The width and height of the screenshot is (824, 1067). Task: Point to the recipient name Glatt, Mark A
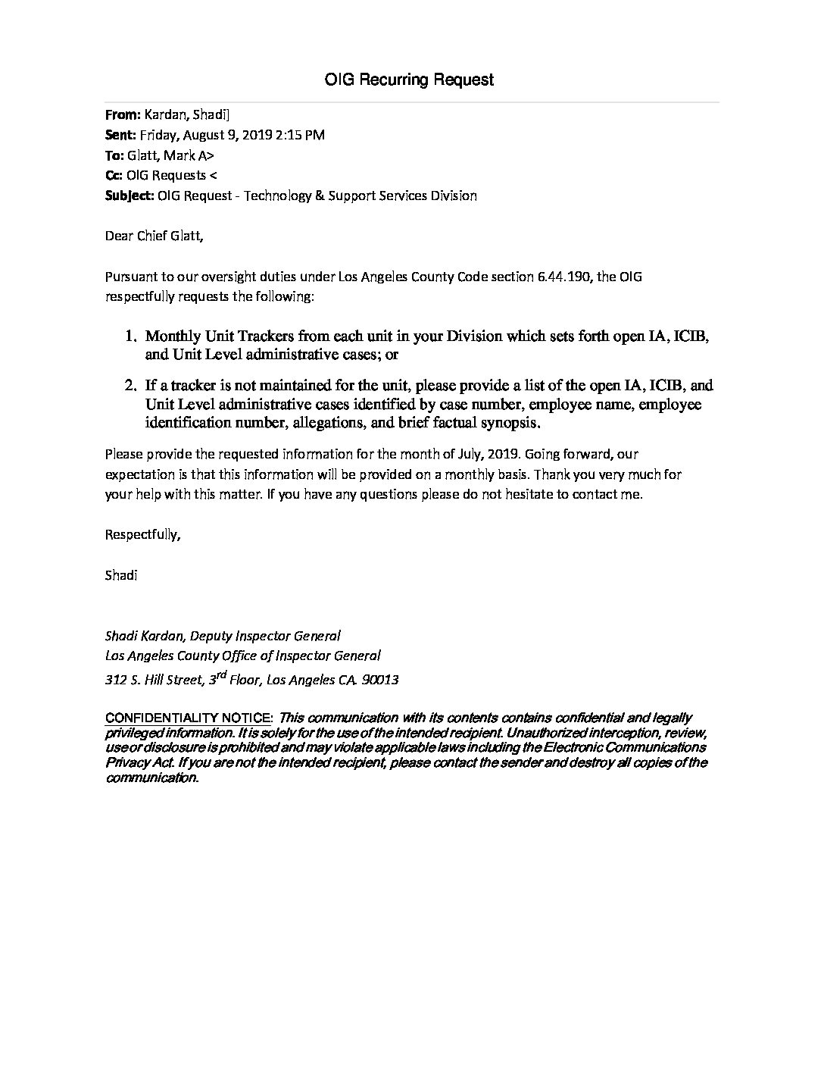pyautogui.click(x=173, y=155)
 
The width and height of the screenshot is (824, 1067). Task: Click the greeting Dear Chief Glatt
pyautogui.click(x=154, y=236)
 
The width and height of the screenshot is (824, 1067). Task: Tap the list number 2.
pyautogui.click(x=130, y=386)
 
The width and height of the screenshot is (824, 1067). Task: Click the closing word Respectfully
pyautogui.click(x=142, y=534)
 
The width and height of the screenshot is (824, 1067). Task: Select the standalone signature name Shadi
pyautogui.click(x=121, y=574)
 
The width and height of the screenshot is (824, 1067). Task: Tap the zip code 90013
pyautogui.click(x=380, y=680)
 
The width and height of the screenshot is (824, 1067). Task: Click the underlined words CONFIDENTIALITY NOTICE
pyautogui.click(x=189, y=718)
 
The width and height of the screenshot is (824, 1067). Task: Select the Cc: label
pyautogui.click(x=114, y=175)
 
